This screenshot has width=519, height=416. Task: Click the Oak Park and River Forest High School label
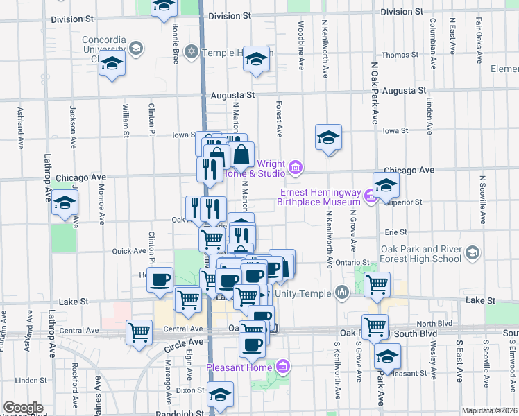[421, 254]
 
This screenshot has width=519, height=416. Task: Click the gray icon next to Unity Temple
[341, 293]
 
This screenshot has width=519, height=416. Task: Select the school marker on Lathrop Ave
[65, 203]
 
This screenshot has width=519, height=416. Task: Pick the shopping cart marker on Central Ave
[139, 332]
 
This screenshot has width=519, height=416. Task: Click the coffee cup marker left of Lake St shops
[160, 279]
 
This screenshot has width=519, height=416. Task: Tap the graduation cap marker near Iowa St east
[329, 137]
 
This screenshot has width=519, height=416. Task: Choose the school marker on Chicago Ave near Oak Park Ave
[386, 184]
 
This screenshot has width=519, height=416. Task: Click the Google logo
[23, 408]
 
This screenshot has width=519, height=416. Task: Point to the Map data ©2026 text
[489, 410]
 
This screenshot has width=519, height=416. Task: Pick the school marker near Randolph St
[220, 395]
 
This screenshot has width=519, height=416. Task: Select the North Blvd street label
[435, 323]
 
